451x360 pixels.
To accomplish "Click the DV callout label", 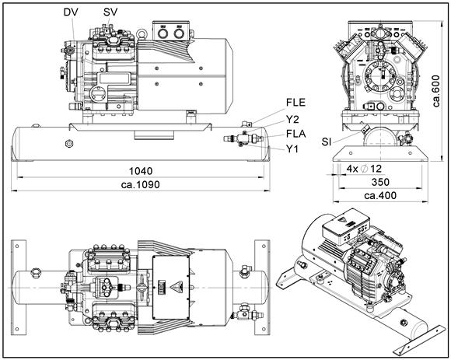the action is (x=71, y=12).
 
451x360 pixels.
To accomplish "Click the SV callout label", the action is (x=110, y=12).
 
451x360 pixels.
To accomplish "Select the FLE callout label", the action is (x=295, y=103).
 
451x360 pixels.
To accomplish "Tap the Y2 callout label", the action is (x=292, y=119).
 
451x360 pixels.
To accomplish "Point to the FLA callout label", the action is (x=296, y=134).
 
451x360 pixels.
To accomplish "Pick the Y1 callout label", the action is (x=292, y=149).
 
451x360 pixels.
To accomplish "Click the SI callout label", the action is (x=327, y=142).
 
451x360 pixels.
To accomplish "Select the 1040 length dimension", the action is (x=141, y=171).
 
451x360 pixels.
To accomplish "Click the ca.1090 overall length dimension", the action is (x=141, y=184).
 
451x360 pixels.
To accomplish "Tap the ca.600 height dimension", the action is (x=436, y=91).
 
